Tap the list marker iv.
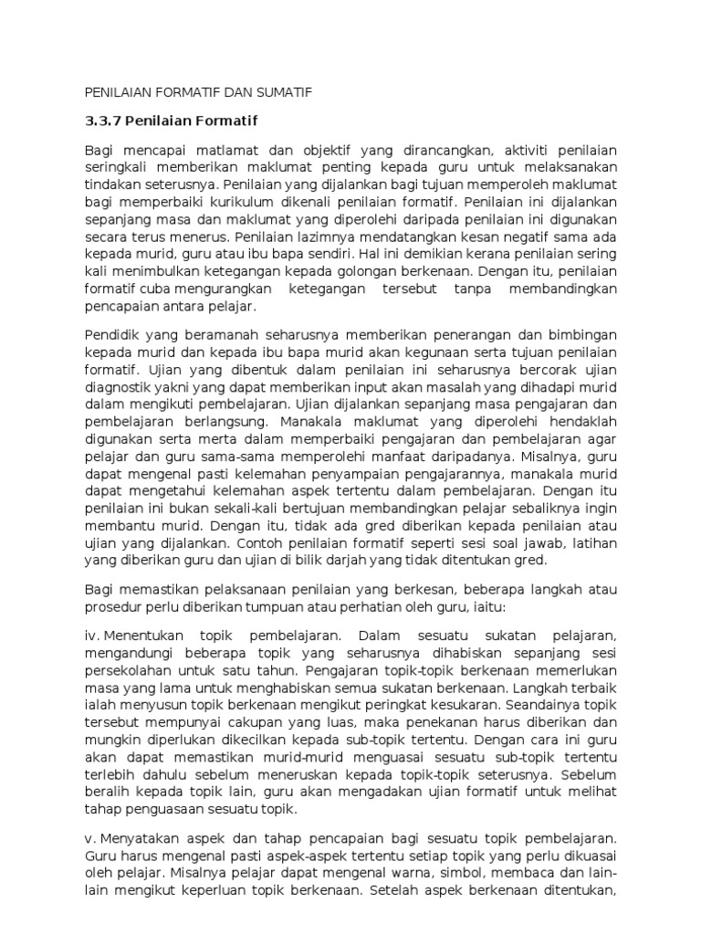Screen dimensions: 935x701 click(92, 635)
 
